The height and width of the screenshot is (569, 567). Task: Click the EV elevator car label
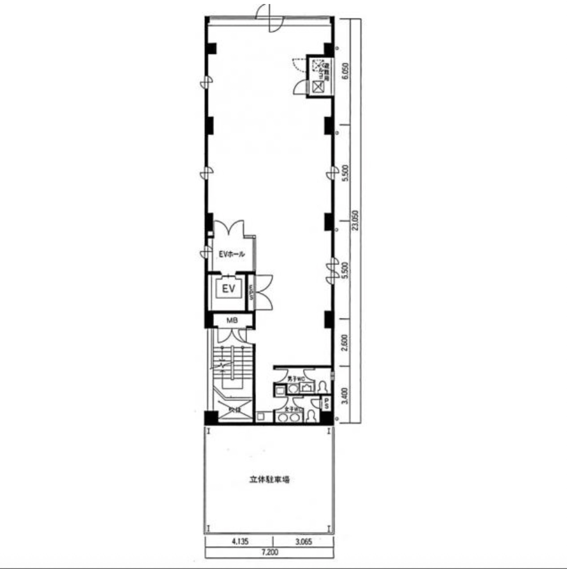[228, 289]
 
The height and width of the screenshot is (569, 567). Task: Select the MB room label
[232, 321]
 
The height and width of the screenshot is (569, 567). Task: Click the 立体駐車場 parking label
[269, 479]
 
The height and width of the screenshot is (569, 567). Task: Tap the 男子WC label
[296, 379]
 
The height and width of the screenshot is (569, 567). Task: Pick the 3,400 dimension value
[344, 396]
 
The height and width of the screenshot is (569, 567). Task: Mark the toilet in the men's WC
[322, 387]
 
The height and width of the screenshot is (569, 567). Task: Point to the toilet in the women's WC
[311, 416]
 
